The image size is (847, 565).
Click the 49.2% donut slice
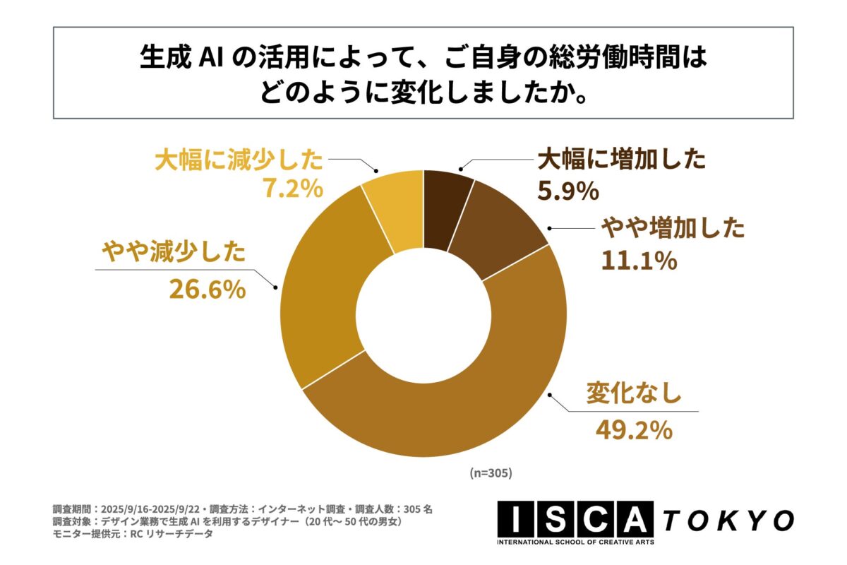pyautogui.click(x=452, y=417)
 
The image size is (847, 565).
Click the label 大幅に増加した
pyautogui.click(x=621, y=160)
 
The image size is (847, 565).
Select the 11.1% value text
pyautogui.click(x=639, y=261)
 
